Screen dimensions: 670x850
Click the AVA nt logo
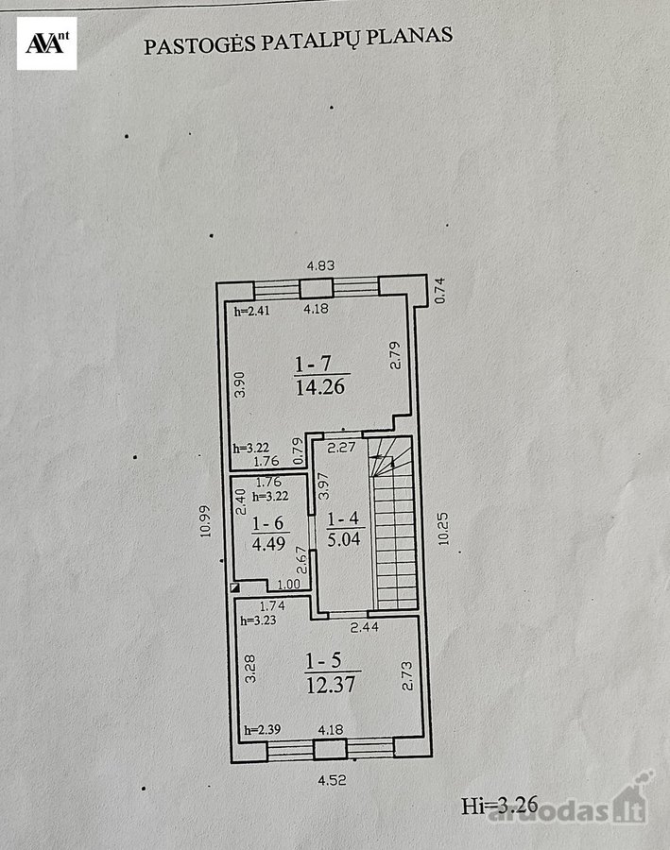click(x=46, y=43)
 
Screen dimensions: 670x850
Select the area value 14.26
click(x=320, y=386)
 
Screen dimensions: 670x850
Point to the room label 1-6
click(x=268, y=523)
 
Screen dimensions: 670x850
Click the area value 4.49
click(x=269, y=543)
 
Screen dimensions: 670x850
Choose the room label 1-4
click(x=343, y=518)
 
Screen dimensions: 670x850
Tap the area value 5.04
click(x=344, y=539)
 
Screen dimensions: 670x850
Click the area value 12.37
click(x=331, y=685)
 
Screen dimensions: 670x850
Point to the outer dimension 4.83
click(x=320, y=265)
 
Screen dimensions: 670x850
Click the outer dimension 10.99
click(x=205, y=521)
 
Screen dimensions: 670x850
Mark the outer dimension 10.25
click(x=444, y=529)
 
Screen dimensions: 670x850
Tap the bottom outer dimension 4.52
click(x=332, y=781)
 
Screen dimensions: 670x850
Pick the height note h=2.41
click(x=251, y=311)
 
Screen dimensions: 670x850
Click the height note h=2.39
click(x=263, y=730)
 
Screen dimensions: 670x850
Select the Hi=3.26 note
click(x=500, y=805)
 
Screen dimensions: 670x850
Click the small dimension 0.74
click(x=440, y=290)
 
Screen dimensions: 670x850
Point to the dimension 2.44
click(x=364, y=628)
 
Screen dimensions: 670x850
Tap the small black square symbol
click(x=235, y=586)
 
